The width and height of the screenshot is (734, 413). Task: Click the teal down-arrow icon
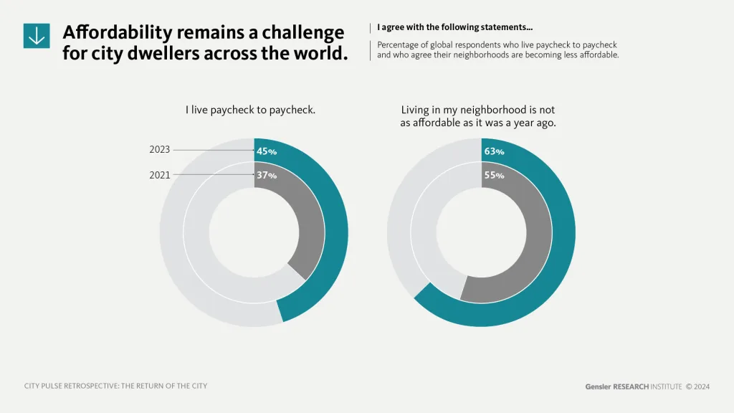coord(37,35)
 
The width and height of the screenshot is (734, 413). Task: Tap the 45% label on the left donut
coord(267,151)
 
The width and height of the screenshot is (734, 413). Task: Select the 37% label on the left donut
coord(267,175)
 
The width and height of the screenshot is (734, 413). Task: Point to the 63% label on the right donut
coord(494,151)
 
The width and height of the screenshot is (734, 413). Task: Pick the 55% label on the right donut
coord(494,175)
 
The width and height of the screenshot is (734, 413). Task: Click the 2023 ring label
coord(160,150)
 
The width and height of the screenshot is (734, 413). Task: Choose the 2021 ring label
coord(160,174)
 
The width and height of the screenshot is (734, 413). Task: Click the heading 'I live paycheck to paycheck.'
coord(250,110)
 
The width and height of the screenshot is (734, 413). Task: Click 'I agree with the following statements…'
coord(454,28)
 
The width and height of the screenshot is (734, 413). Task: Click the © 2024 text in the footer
coord(697,386)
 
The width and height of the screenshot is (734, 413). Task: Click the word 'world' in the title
coord(310,54)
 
